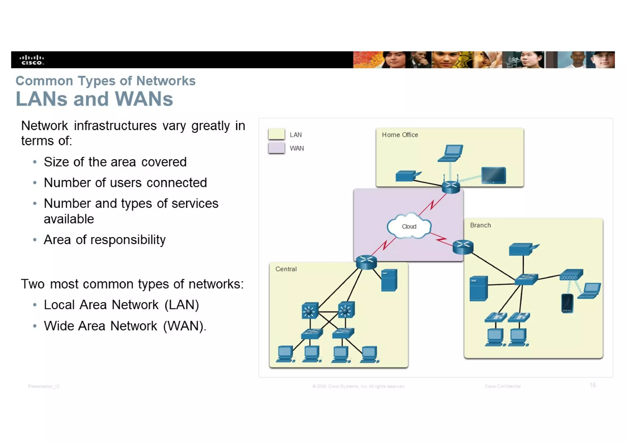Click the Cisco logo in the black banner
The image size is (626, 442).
32,60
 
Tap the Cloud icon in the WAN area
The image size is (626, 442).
409,226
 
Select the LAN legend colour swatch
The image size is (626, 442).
276,134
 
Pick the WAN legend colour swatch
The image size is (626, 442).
276,148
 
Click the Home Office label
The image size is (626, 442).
400,135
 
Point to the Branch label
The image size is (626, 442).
480,225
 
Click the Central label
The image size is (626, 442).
286,269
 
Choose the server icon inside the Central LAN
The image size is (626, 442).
389,280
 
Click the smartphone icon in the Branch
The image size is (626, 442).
567,303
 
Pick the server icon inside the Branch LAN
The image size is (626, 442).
478,288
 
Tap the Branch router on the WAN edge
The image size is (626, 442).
463,247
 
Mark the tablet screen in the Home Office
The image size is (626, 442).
493,175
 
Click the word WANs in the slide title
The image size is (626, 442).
144,99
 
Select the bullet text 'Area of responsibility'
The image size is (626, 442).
105,240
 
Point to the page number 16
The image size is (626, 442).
593,385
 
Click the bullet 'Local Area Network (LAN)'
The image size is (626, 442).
121,305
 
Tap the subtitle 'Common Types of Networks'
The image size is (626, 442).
105,81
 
